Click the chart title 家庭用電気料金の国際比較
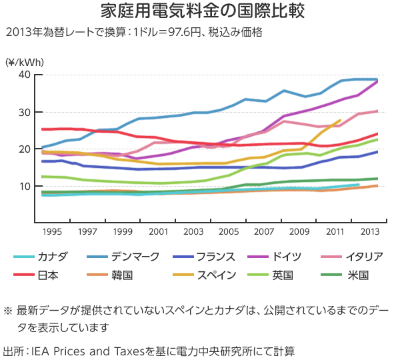pos(199,11)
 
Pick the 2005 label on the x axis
pos(229,231)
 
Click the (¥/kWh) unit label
pos(24,61)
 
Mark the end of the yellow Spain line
pos(340,121)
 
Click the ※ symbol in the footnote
pos(9,310)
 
